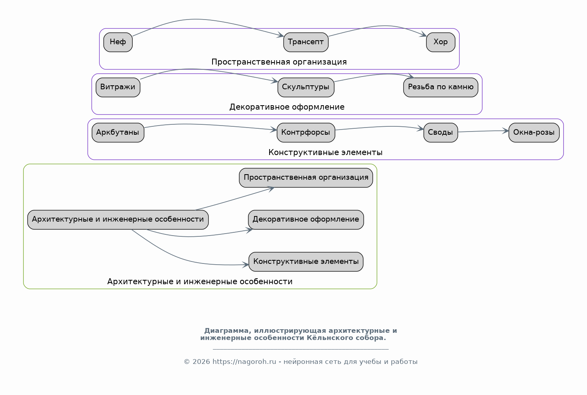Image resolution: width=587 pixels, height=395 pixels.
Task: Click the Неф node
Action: (118, 42)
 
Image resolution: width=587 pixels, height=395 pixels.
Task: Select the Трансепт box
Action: (306, 42)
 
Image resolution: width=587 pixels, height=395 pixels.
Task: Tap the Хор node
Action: (441, 42)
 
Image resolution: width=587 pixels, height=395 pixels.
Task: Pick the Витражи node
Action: (118, 87)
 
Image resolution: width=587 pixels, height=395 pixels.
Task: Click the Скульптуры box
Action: (306, 87)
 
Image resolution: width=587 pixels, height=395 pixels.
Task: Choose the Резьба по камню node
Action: (441, 87)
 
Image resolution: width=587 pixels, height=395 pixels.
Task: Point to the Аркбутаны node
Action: (118, 133)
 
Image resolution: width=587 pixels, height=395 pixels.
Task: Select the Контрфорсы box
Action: (306, 133)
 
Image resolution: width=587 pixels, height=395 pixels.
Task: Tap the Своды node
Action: (441, 133)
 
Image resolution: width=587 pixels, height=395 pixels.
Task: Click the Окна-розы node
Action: (534, 133)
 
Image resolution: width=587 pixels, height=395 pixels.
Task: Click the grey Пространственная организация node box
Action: (306, 178)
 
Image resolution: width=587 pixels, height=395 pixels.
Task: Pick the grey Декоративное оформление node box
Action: (306, 220)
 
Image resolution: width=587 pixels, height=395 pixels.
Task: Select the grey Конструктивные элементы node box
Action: (306, 262)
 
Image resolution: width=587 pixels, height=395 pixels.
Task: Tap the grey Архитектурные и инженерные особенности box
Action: (118, 220)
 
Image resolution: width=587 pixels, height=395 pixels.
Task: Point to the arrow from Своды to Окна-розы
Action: (483, 131)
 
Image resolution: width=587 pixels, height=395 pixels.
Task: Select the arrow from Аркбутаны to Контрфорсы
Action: (210, 125)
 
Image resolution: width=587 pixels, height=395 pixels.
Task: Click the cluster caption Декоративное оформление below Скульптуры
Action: (287, 107)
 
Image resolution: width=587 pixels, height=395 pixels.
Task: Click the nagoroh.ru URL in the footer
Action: (244, 362)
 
